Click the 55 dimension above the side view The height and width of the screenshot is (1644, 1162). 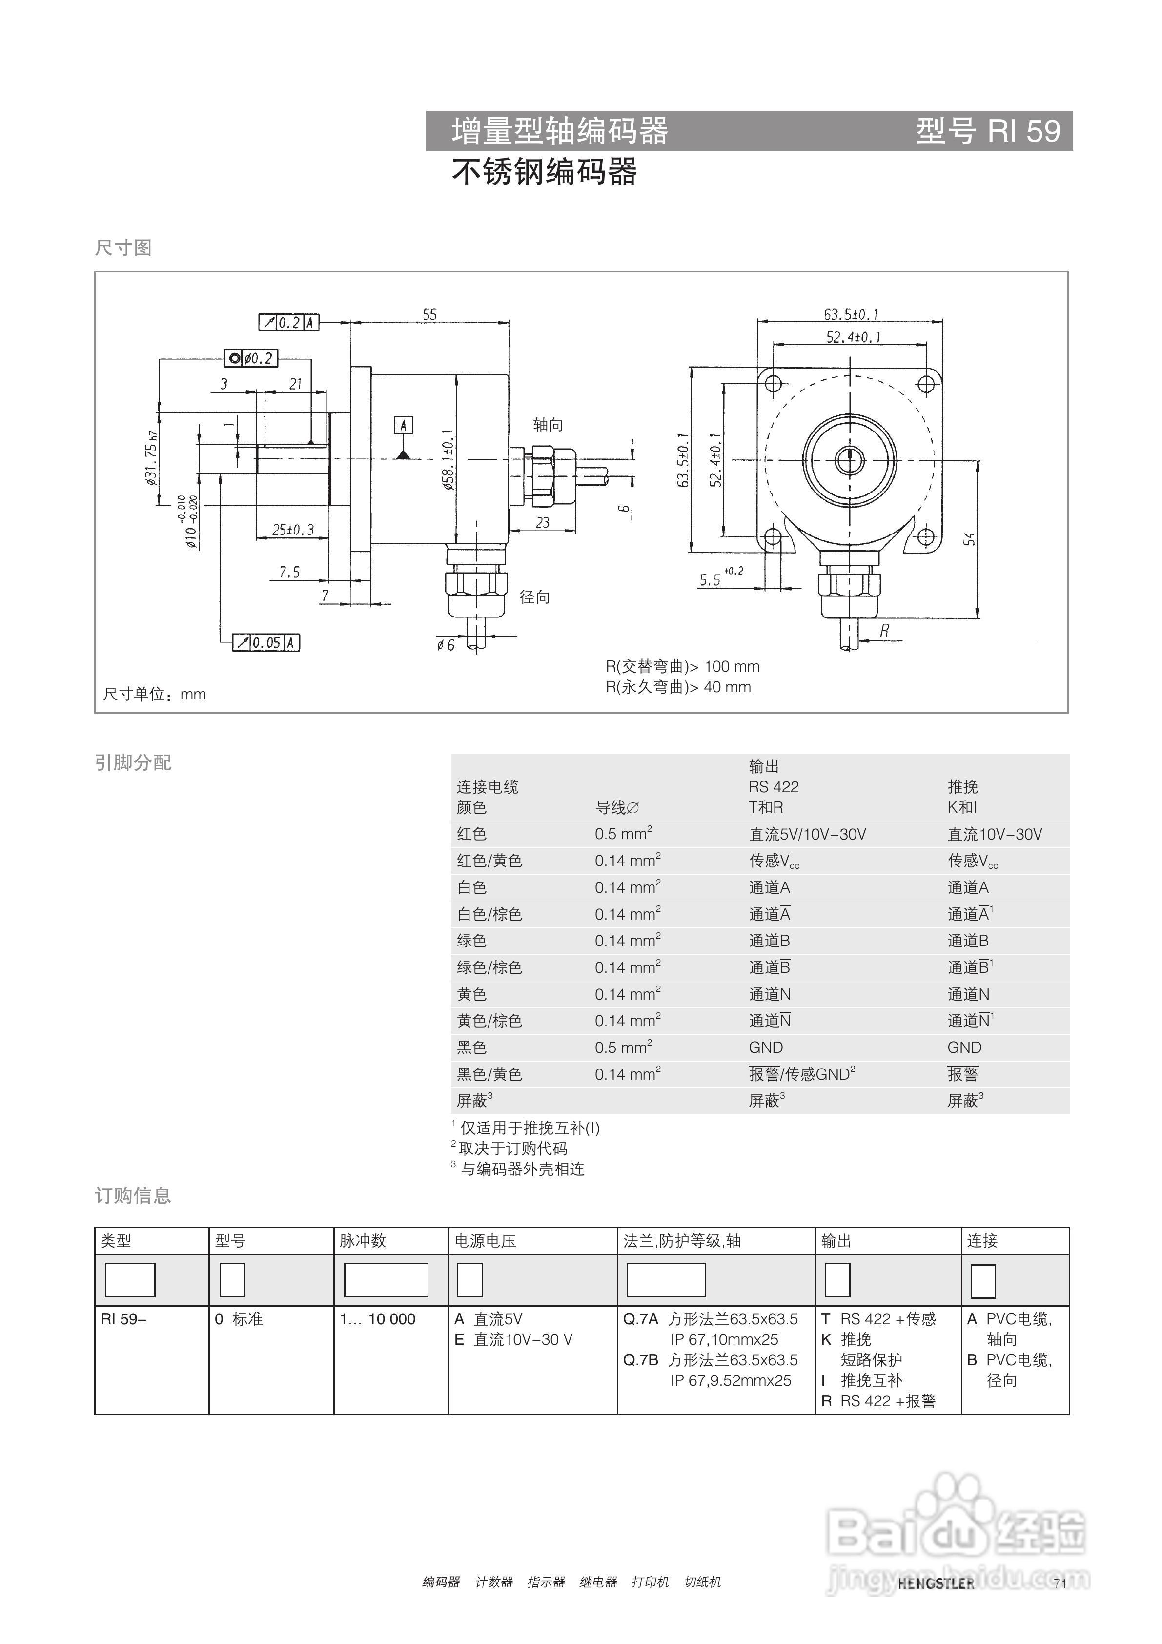[x=429, y=314]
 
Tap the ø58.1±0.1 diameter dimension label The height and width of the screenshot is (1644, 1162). [x=448, y=460]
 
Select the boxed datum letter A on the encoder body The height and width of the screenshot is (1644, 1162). [x=403, y=425]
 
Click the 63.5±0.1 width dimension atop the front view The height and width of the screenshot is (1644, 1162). [x=851, y=314]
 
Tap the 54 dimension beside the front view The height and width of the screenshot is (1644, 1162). [x=969, y=538]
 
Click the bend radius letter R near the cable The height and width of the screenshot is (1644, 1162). [x=885, y=631]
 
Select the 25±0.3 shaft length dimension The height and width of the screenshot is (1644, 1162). [x=293, y=530]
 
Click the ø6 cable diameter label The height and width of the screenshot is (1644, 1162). [x=445, y=645]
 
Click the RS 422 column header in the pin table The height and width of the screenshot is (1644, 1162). [x=774, y=786]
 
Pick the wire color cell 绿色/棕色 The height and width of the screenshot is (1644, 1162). [x=489, y=967]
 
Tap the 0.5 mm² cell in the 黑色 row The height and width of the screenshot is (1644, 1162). [x=623, y=1048]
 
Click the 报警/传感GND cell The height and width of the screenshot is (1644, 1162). [x=802, y=1074]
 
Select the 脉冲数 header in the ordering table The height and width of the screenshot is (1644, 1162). [x=363, y=1241]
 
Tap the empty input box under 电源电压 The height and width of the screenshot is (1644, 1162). [x=469, y=1280]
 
